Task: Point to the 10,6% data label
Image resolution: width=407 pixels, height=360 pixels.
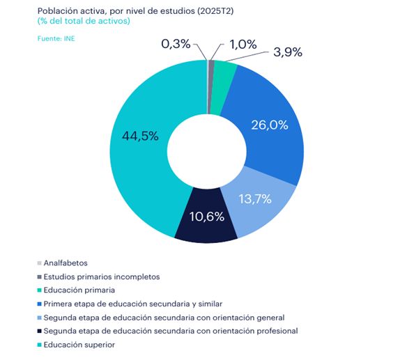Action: click(206, 216)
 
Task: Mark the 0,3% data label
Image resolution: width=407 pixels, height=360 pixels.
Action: click(176, 44)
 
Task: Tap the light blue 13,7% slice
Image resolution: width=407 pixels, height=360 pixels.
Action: click(258, 209)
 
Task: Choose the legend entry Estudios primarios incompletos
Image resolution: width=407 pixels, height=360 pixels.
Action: click(102, 276)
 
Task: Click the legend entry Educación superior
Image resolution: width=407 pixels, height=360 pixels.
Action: click(79, 345)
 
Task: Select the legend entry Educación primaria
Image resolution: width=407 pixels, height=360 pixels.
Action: click(79, 290)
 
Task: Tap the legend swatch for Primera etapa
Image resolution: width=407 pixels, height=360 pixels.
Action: click(38, 304)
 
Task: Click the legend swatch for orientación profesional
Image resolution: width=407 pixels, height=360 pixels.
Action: click(38, 331)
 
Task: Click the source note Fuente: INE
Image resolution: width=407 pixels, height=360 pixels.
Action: click(56, 38)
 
